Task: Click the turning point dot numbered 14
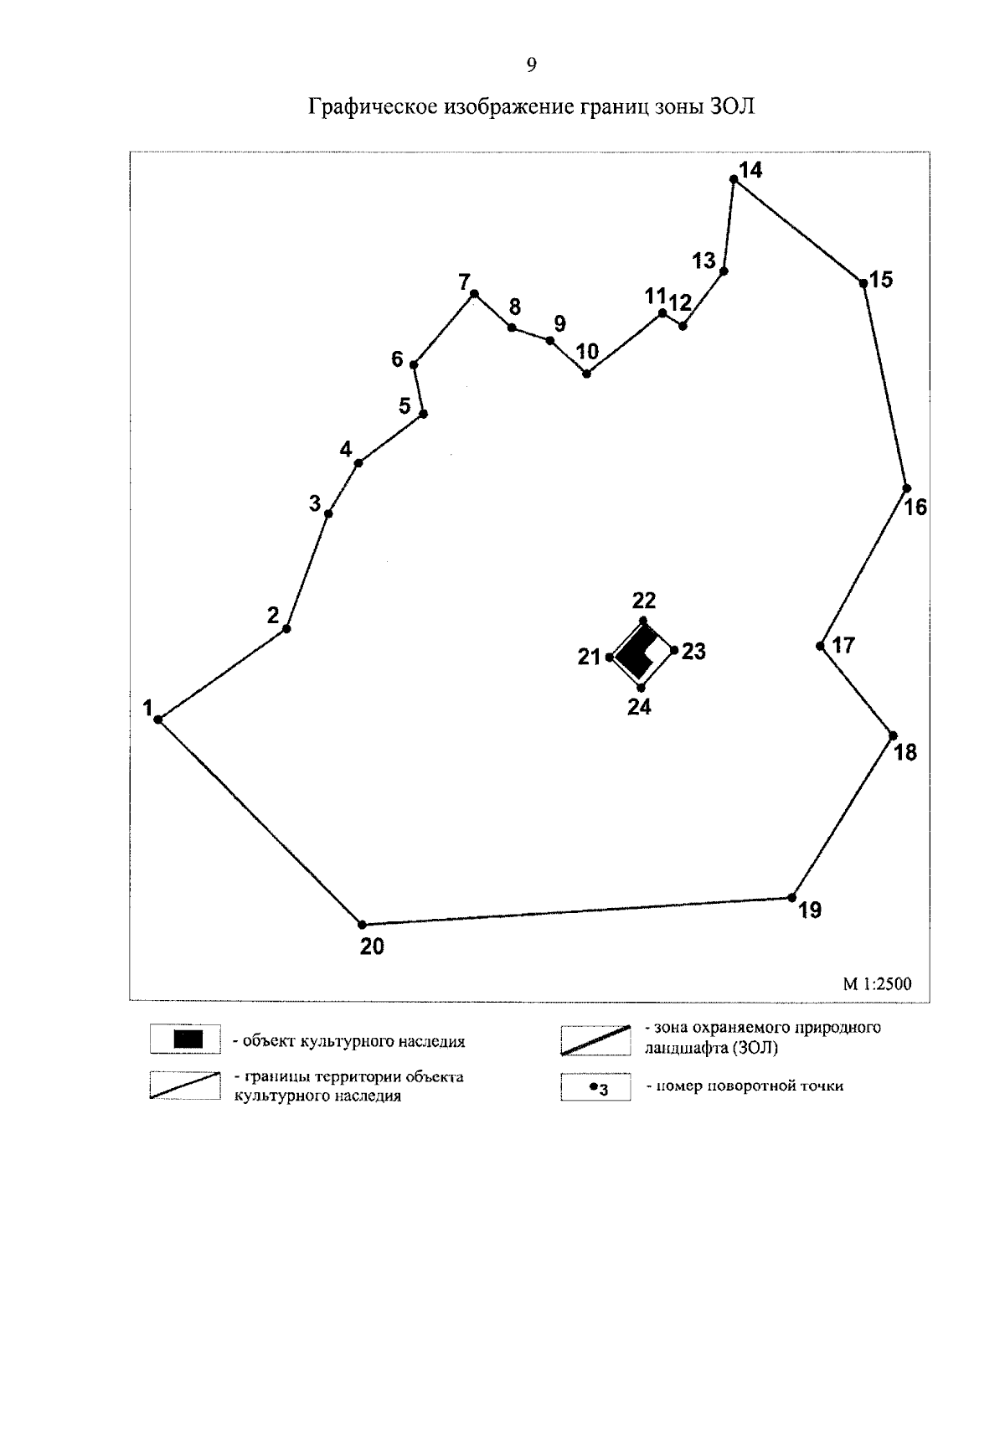click(x=734, y=179)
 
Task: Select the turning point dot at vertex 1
click(x=157, y=720)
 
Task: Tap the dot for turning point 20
click(x=362, y=925)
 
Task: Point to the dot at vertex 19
click(x=791, y=898)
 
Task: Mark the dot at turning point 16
click(x=906, y=488)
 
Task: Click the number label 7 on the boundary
click(x=464, y=282)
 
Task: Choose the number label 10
click(x=588, y=352)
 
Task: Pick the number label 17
click(x=843, y=645)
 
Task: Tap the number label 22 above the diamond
click(x=644, y=601)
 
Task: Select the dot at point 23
click(x=674, y=650)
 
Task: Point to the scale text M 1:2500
click(x=877, y=985)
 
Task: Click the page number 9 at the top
click(x=531, y=65)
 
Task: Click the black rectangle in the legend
click(x=188, y=1040)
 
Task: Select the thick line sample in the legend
click(x=595, y=1039)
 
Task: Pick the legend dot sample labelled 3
click(x=593, y=1086)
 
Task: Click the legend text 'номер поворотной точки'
click(x=745, y=1086)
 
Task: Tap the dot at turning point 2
click(x=286, y=629)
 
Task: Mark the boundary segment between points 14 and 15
click(x=798, y=230)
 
